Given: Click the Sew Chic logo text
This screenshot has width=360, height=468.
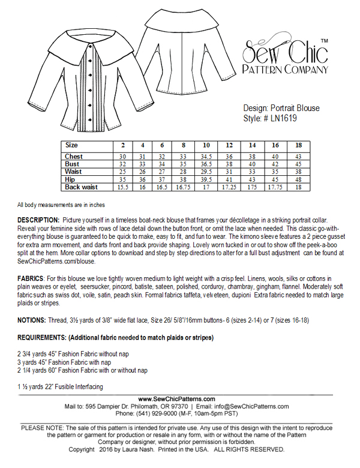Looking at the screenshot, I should point(284,54).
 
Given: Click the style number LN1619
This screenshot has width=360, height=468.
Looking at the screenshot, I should point(281,118).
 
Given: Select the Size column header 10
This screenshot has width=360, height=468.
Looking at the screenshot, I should point(206,145).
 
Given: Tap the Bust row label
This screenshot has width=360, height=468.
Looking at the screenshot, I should point(73,163).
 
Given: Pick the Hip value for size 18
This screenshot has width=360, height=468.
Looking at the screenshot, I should point(298,179).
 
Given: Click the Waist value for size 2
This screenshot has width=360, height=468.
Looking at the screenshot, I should point(122,171).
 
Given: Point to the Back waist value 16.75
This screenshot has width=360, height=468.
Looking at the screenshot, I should point(183,187).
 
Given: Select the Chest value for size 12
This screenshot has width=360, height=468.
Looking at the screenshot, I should point(229,156).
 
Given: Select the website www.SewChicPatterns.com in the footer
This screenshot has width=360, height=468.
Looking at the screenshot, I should point(177,398).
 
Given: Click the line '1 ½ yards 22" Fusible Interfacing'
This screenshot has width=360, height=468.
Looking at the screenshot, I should point(60,387).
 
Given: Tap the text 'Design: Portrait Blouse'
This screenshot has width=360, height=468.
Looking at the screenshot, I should point(281,108).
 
